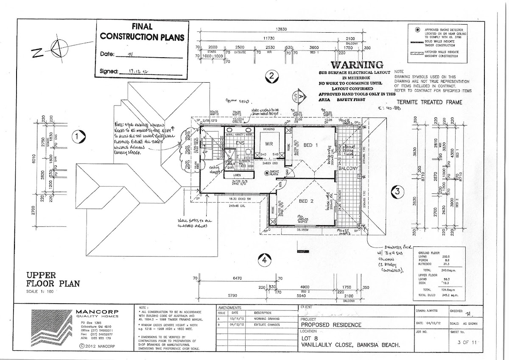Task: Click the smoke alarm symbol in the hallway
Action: coord(267,172)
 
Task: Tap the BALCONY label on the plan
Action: coord(350,168)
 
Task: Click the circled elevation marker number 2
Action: coord(270,77)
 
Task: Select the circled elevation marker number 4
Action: coord(265,260)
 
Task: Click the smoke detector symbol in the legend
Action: coord(418,30)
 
